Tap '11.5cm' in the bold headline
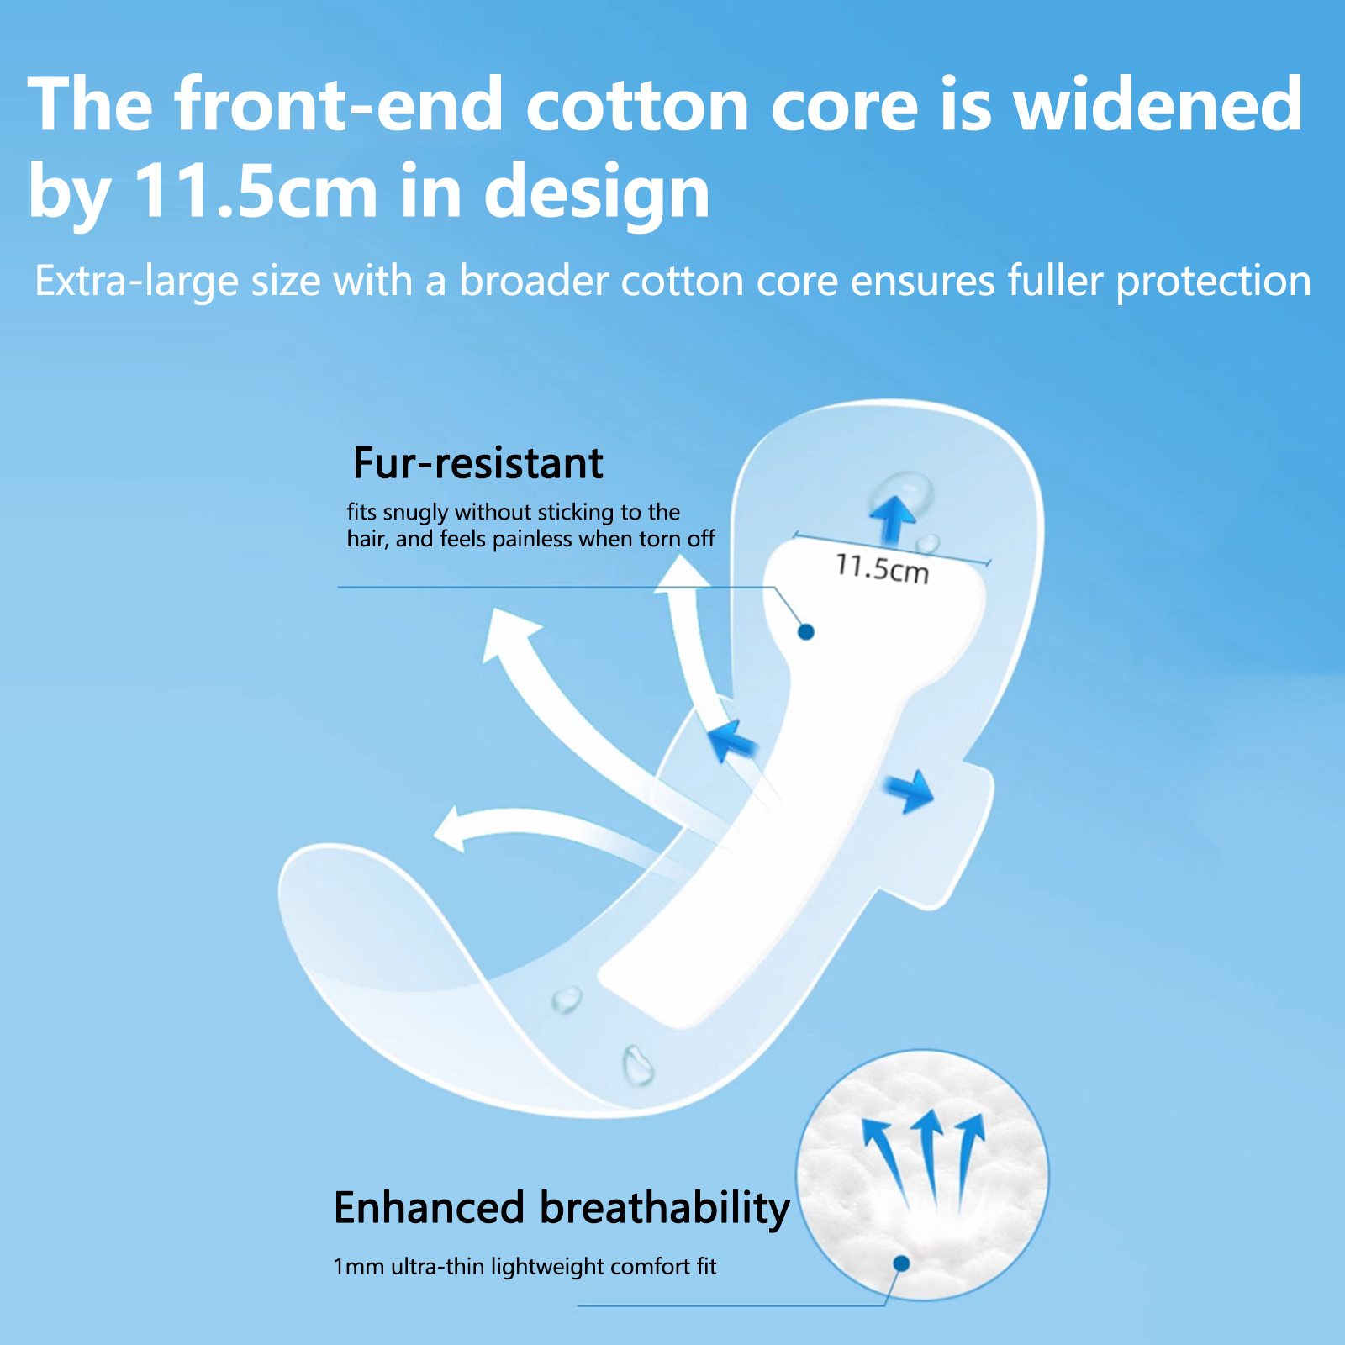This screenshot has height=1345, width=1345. [256, 192]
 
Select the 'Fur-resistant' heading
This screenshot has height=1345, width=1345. [477, 463]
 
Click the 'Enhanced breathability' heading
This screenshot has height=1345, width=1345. [562, 1209]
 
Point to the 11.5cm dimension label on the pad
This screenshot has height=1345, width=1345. [883, 568]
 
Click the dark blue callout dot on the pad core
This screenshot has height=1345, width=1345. [806, 631]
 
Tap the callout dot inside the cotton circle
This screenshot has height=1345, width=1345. [902, 1263]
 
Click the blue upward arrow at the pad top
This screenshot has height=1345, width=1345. [893, 520]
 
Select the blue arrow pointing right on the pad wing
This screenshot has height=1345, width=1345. [910, 791]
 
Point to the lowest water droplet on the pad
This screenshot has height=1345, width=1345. [638, 1065]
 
